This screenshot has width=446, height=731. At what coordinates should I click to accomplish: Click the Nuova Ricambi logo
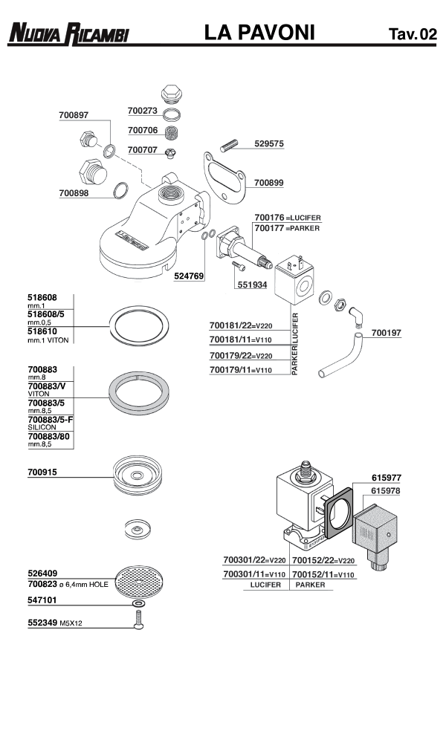click(68, 33)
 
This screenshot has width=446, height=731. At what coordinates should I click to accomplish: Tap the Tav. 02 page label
click(412, 34)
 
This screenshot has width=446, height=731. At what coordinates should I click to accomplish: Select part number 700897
click(74, 115)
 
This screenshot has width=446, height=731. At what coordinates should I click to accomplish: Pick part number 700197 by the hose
click(386, 334)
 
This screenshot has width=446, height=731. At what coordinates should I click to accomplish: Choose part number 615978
click(386, 491)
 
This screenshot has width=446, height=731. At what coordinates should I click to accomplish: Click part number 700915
click(42, 472)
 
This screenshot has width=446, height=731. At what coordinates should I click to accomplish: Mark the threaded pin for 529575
click(227, 143)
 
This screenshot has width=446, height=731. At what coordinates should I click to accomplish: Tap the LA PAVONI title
click(260, 33)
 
